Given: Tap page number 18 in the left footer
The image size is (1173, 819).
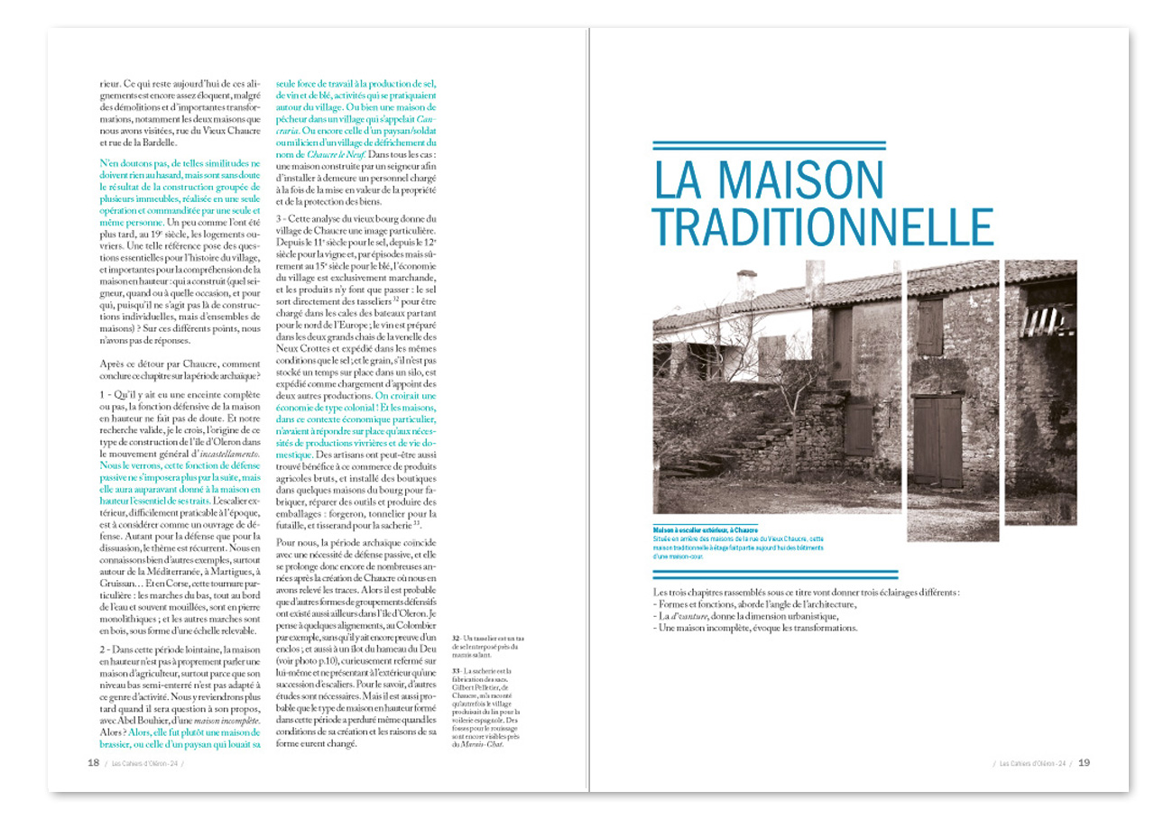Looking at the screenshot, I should pyautogui.click(x=92, y=763).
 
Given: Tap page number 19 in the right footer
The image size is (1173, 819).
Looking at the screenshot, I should pyautogui.click(x=1085, y=763).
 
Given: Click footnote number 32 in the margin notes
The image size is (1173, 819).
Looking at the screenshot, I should pyautogui.click(x=454, y=639).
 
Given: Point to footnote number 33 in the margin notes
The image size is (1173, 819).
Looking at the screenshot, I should pyautogui.click(x=454, y=671).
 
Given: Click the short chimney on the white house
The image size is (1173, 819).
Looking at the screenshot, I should pyautogui.click(x=745, y=285).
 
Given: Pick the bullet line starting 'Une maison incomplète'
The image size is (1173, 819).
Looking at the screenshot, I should pyautogui.click(x=753, y=628).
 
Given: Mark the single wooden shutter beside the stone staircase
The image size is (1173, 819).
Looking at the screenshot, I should pyautogui.click(x=857, y=429).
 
